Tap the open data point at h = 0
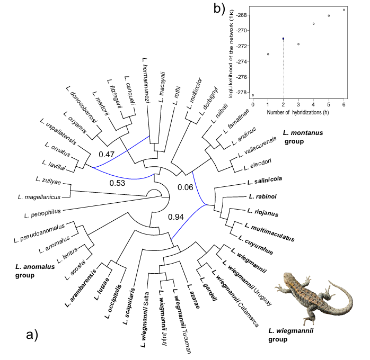point(253,95)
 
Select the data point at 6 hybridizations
point(344,10)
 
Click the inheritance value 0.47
point(108,154)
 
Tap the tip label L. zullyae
point(48,181)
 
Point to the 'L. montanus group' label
point(303,137)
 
